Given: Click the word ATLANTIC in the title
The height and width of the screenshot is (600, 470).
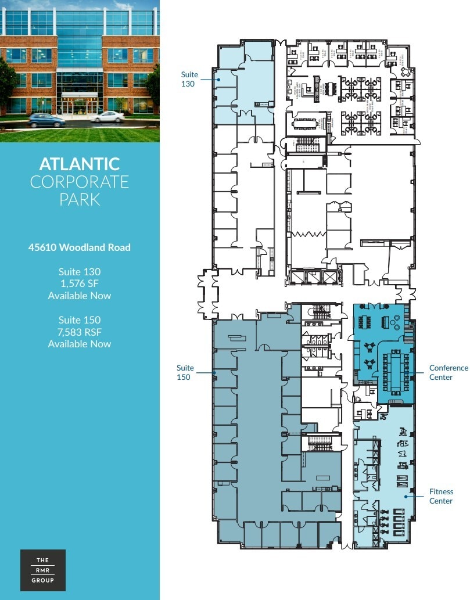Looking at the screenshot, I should coord(80,164).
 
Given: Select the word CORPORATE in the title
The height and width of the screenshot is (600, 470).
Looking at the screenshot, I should coord(80,182).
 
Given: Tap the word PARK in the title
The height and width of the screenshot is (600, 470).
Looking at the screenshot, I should coord(80,200).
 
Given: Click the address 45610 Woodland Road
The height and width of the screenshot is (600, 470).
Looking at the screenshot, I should coord(80,247).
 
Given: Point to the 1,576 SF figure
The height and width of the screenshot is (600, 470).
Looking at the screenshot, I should coord(80,283).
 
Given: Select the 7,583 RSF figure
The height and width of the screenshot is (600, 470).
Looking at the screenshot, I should coord(80,332).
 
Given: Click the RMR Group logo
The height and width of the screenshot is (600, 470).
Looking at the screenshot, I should coord(43,570).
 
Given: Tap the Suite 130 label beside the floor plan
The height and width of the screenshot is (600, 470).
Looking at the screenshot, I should coord(189,80).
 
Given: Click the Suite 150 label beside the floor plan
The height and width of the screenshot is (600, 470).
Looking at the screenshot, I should coord(185,372).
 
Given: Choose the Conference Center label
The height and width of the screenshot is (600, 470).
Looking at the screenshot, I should coord(448,372).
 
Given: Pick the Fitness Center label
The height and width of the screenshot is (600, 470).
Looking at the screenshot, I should coord(440,496).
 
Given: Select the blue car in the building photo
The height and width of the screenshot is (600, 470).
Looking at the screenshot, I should coord(46,120).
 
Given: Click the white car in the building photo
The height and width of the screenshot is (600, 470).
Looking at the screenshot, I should coord(108,117).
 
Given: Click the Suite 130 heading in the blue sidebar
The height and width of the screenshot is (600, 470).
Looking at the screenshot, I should coord(80,271).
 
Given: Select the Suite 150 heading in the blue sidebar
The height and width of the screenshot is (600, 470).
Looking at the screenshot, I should coord(80,319).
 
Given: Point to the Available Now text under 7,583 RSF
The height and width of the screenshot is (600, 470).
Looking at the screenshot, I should coord(80,344).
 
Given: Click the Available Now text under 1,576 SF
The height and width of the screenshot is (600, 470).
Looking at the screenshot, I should coord(80,296).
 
